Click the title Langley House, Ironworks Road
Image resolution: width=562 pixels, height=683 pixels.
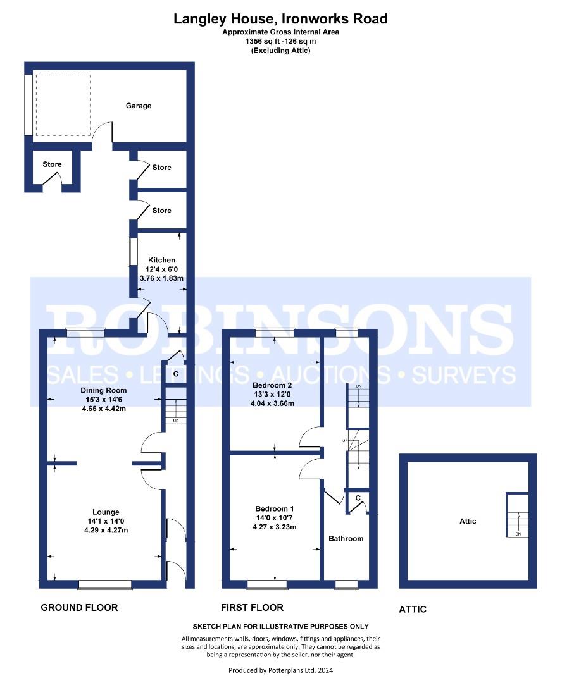(x=280, y=19)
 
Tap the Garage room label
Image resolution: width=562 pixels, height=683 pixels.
(x=139, y=106)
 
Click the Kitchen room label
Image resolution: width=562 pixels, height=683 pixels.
(x=162, y=260)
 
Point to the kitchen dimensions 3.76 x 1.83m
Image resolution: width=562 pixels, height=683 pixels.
(x=161, y=278)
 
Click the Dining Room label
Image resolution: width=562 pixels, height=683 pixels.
(x=104, y=390)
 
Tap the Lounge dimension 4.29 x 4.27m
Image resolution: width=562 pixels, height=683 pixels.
(x=106, y=530)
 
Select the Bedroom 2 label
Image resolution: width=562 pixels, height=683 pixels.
(x=272, y=385)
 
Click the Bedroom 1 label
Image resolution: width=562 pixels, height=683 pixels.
(x=275, y=508)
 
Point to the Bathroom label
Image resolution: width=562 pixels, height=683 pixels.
(x=346, y=538)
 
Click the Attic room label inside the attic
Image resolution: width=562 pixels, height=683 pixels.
(x=468, y=521)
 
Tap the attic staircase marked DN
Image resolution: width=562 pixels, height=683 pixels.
(x=518, y=515)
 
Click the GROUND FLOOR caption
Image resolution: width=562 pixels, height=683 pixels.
(x=79, y=608)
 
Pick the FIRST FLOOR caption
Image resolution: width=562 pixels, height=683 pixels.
(x=252, y=608)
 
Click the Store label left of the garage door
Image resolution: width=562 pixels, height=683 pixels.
(x=52, y=164)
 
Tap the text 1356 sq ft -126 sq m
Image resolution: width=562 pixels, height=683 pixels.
(x=281, y=41)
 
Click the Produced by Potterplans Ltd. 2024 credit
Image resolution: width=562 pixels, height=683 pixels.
(x=280, y=670)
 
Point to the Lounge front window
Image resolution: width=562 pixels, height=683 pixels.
(x=104, y=584)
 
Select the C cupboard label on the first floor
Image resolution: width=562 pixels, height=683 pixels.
(x=358, y=498)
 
